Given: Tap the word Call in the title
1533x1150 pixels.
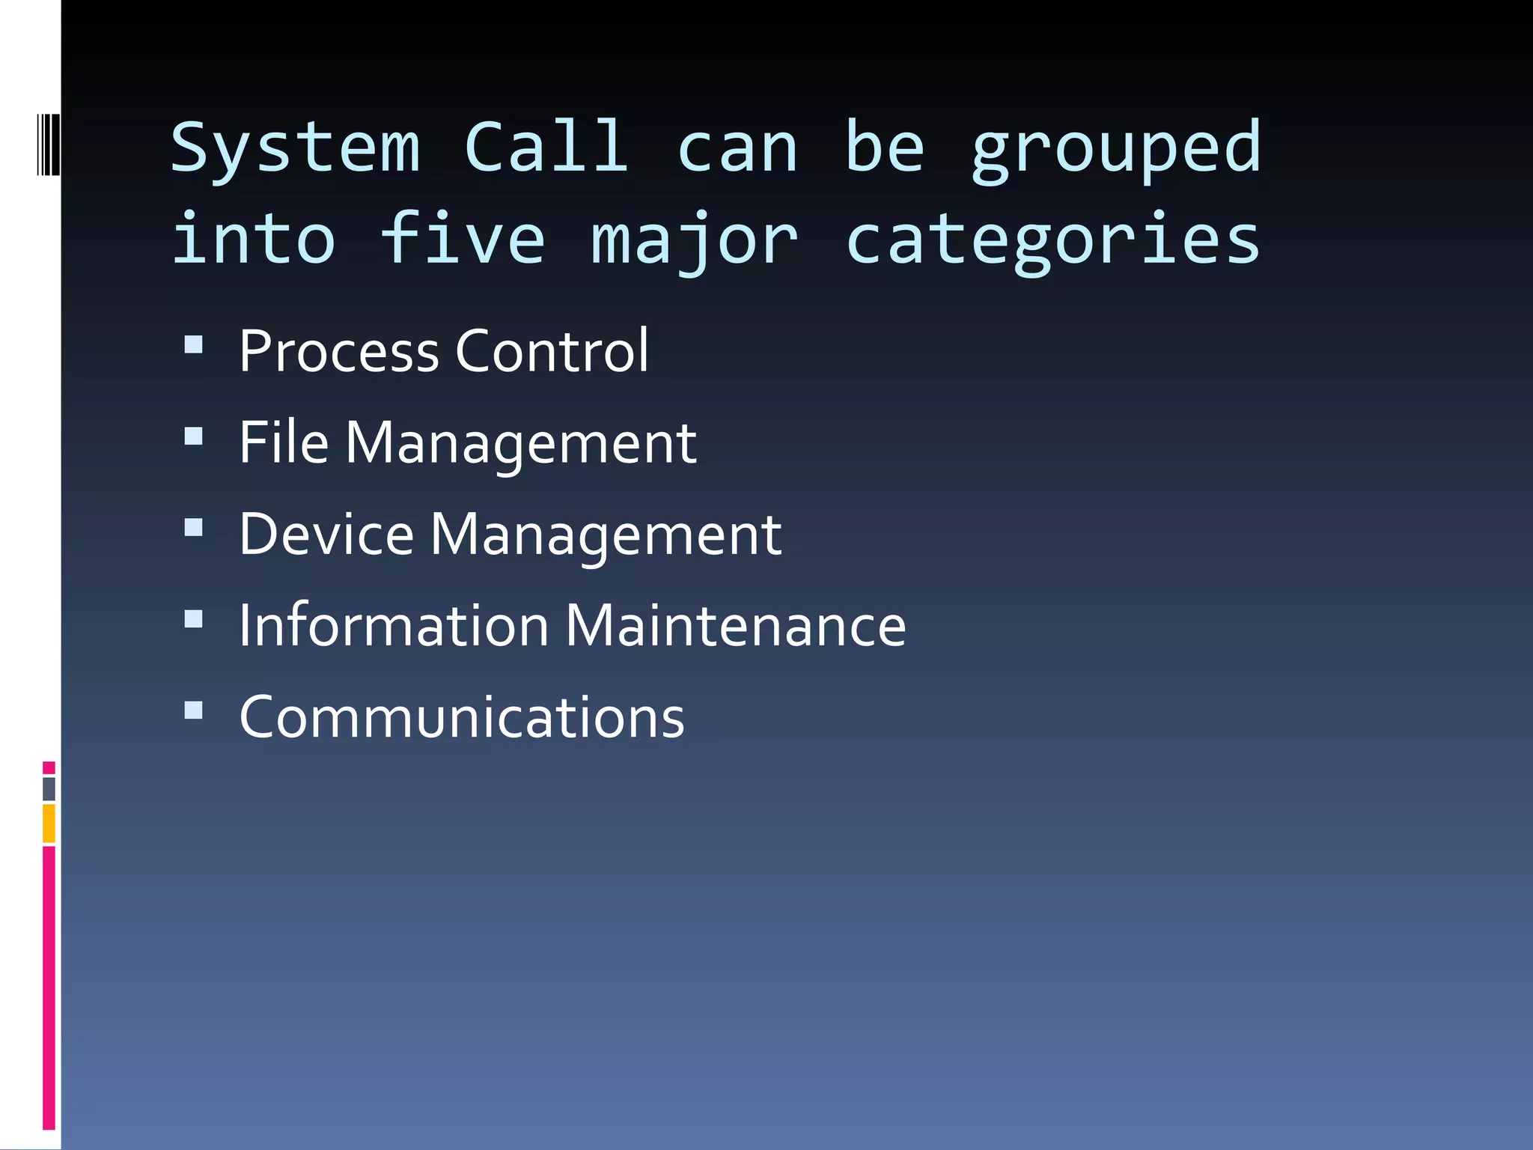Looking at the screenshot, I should tap(546, 147).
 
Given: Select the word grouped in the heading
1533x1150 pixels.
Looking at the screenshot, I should tap(1116, 150).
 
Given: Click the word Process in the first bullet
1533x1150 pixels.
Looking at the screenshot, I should tap(338, 351).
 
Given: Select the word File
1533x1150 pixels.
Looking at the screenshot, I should tap(284, 442).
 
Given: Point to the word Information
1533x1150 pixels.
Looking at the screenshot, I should tap(394, 625).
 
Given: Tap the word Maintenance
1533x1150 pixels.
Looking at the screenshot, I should tap(735, 625).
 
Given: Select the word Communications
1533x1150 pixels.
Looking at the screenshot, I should tap(462, 717).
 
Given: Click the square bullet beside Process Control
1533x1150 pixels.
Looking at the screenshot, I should tap(193, 344).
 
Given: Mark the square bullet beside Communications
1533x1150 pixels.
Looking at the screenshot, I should tap(193, 710).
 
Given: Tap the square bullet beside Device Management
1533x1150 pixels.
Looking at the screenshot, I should tap(193, 527).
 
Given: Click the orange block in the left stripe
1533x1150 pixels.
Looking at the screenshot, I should tap(49, 823).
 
